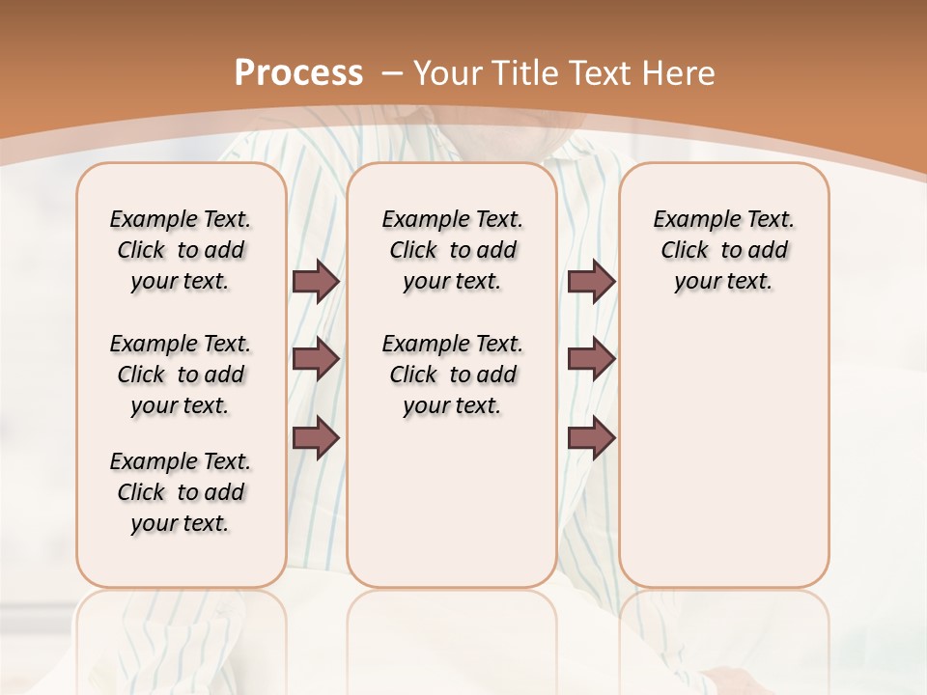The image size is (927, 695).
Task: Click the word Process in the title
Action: [x=298, y=73]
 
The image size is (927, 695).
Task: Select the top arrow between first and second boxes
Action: [x=316, y=282]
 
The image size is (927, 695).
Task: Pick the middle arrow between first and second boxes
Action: [x=316, y=359]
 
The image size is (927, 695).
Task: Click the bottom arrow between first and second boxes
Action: [x=316, y=438]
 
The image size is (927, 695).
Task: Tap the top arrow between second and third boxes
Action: [x=591, y=282]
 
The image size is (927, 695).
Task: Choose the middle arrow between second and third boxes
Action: [x=591, y=359]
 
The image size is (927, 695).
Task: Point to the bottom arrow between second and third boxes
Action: [x=591, y=438]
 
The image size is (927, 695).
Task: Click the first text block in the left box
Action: [x=181, y=250]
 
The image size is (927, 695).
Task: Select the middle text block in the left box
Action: [x=181, y=375]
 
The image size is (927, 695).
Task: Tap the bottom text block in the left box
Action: [x=181, y=492]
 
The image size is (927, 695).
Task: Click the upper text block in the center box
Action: [x=453, y=250]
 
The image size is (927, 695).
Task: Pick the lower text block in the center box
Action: [x=453, y=375]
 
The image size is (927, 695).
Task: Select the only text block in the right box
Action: [x=724, y=250]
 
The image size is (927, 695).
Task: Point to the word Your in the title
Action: [x=450, y=73]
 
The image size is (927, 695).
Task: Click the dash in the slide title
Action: [x=392, y=73]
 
